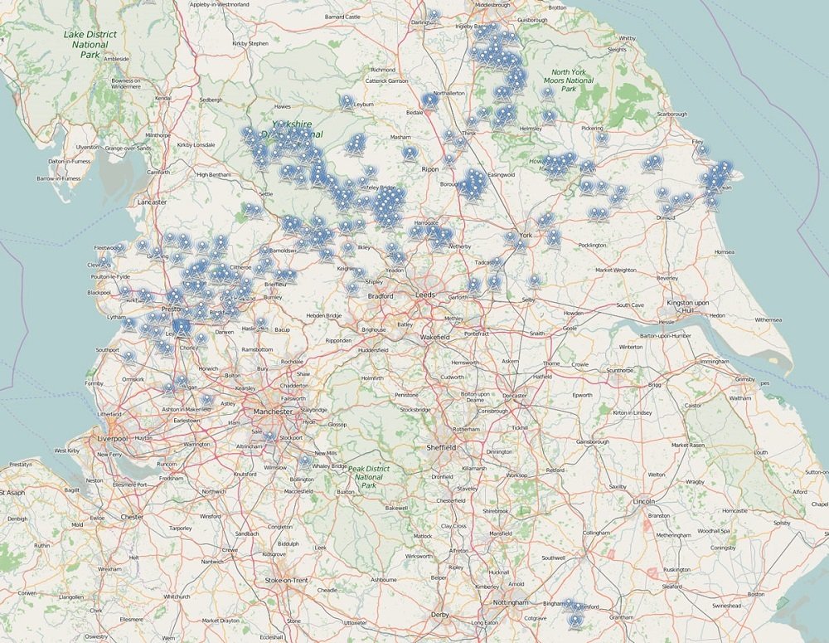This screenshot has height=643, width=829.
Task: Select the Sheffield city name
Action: pos(441,447)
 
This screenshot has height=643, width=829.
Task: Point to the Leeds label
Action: pos(425,295)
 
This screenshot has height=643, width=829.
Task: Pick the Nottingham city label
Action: pos(510,602)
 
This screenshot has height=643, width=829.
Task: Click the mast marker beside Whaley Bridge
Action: pos(305,460)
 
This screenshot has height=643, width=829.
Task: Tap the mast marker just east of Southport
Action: pos(128,357)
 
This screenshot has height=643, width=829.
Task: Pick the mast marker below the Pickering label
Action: pos(601,138)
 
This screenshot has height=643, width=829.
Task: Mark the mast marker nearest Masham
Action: pos(410,152)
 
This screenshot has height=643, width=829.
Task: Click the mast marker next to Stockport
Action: pos(268,436)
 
